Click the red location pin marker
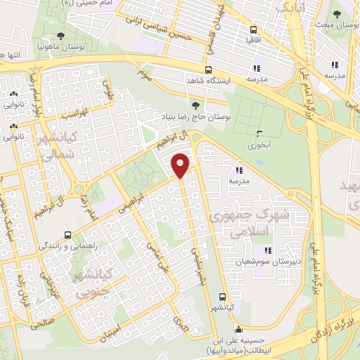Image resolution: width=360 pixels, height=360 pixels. [181, 165]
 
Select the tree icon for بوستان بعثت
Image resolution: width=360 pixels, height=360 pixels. [338, 13]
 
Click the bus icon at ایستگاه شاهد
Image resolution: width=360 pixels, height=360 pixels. [208, 70]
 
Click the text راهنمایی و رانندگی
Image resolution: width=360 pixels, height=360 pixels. [67, 247]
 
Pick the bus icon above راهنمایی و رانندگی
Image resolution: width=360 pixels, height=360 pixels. [67, 234]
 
